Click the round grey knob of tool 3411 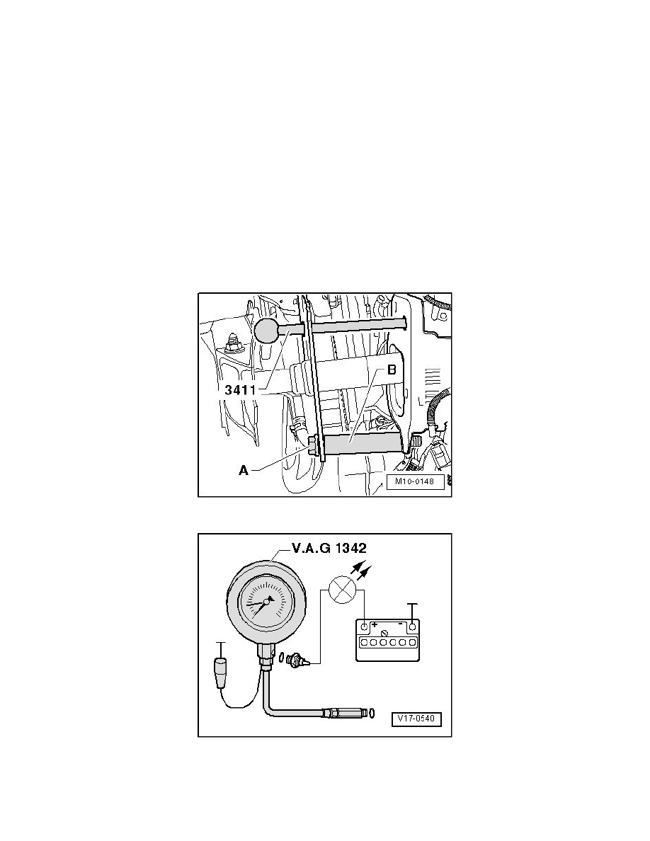point(267,330)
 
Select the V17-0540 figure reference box point(416,719)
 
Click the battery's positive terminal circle point(364,628)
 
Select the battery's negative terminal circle point(411,628)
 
